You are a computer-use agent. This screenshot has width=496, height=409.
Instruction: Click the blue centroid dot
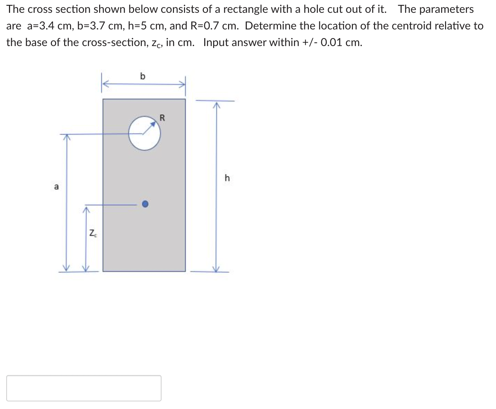[145, 204]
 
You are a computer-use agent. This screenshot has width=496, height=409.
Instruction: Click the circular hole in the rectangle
[144, 134]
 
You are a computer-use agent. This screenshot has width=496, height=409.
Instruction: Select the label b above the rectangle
[143, 76]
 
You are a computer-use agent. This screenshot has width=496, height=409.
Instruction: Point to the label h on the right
[227, 178]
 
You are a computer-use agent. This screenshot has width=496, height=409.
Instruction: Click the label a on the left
[56, 187]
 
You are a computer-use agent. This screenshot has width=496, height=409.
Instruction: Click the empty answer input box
[84, 388]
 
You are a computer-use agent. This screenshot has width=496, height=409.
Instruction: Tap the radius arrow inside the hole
[149, 128]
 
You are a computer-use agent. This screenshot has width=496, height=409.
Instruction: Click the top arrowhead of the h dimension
[216, 104]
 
